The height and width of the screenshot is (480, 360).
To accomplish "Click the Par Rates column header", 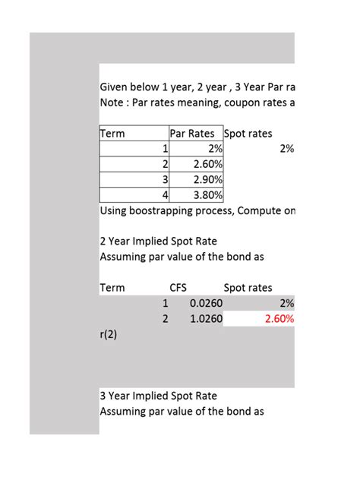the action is tap(196, 134).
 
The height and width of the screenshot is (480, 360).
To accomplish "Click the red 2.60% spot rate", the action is tap(279, 318).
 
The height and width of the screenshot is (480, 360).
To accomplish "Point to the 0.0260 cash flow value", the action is tap(206, 303).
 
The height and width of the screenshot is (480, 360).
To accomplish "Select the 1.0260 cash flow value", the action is tap(206, 318).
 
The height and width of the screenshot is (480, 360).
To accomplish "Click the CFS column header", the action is tap(178, 288).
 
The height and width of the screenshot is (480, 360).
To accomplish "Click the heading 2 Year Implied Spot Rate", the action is tap(158, 242).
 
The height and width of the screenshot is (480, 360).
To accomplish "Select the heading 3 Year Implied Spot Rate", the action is tap(158, 396).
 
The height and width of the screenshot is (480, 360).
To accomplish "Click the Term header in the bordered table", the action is tap(112, 134).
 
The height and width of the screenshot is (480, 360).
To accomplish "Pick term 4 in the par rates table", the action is tap(164, 194).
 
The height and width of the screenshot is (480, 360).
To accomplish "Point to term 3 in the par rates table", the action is tap(164, 179).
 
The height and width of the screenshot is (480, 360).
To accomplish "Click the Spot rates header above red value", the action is tap(248, 288).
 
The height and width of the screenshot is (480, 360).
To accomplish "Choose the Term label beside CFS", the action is tap(112, 288).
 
